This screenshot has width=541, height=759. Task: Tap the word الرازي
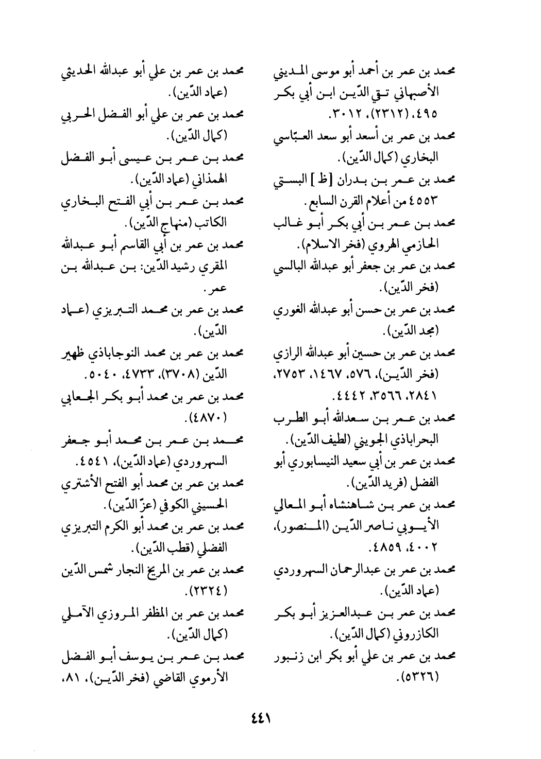pyautogui.click(x=288, y=355)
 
